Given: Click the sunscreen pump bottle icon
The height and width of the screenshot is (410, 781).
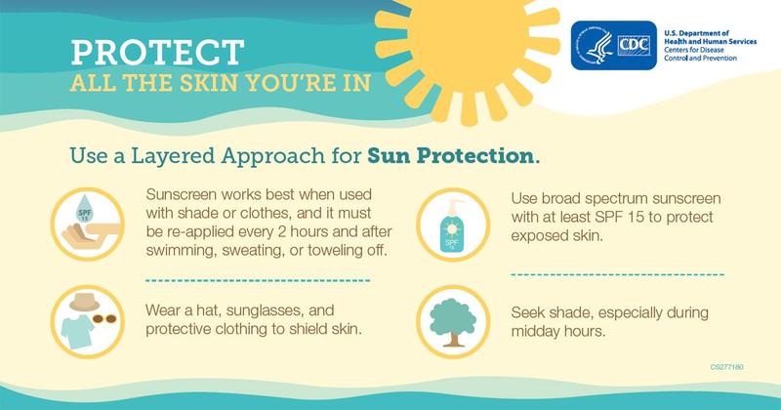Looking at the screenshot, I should click(450, 223).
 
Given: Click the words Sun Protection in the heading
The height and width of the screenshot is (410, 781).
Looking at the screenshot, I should click(452, 155).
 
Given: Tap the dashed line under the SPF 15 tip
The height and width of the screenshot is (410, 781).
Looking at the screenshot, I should click(617, 275).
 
